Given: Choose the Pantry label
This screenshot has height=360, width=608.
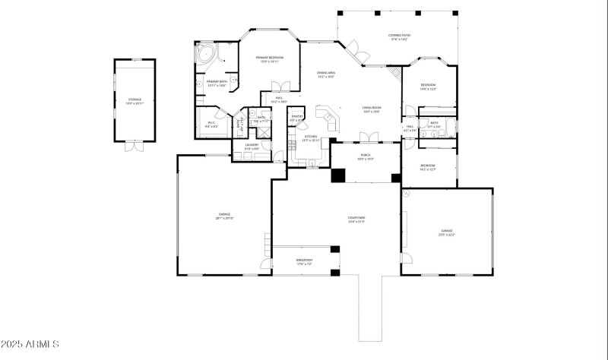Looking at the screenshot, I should click(x=296, y=118).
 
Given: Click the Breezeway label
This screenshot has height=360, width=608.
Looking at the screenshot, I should click(x=304, y=262).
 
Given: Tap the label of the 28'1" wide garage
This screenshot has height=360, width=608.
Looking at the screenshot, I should click(x=225, y=216).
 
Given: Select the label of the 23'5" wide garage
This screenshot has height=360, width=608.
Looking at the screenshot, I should click(x=447, y=232).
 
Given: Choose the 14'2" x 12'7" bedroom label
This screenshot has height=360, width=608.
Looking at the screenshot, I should click(x=428, y=167).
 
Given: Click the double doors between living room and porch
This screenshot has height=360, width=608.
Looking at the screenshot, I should click(x=367, y=137).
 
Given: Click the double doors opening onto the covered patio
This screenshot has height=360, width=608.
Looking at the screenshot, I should click(x=355, y=52).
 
